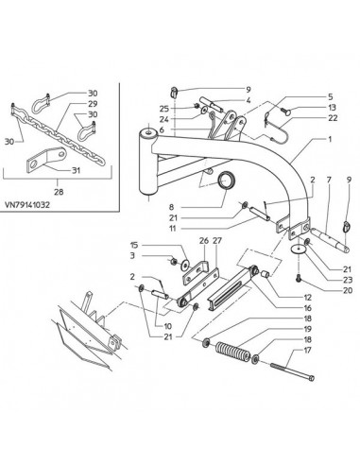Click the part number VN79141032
coord(27,205)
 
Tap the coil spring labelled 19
coord(232,352)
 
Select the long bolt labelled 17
coord(292,371)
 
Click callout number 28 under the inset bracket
coord(59,192)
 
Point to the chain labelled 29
coord(59,134)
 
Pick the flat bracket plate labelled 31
coord(46,160)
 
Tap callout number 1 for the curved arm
coord(330,139)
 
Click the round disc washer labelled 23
coord(298,250)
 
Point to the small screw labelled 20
coord(299,278)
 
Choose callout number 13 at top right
coord(332,108)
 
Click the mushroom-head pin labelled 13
coord(285,111)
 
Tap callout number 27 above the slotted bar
coord(217,241)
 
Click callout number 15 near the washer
coord(134,245)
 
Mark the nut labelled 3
coord(173,261)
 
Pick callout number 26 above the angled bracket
coord(204,241)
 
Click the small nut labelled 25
coord(196,106)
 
